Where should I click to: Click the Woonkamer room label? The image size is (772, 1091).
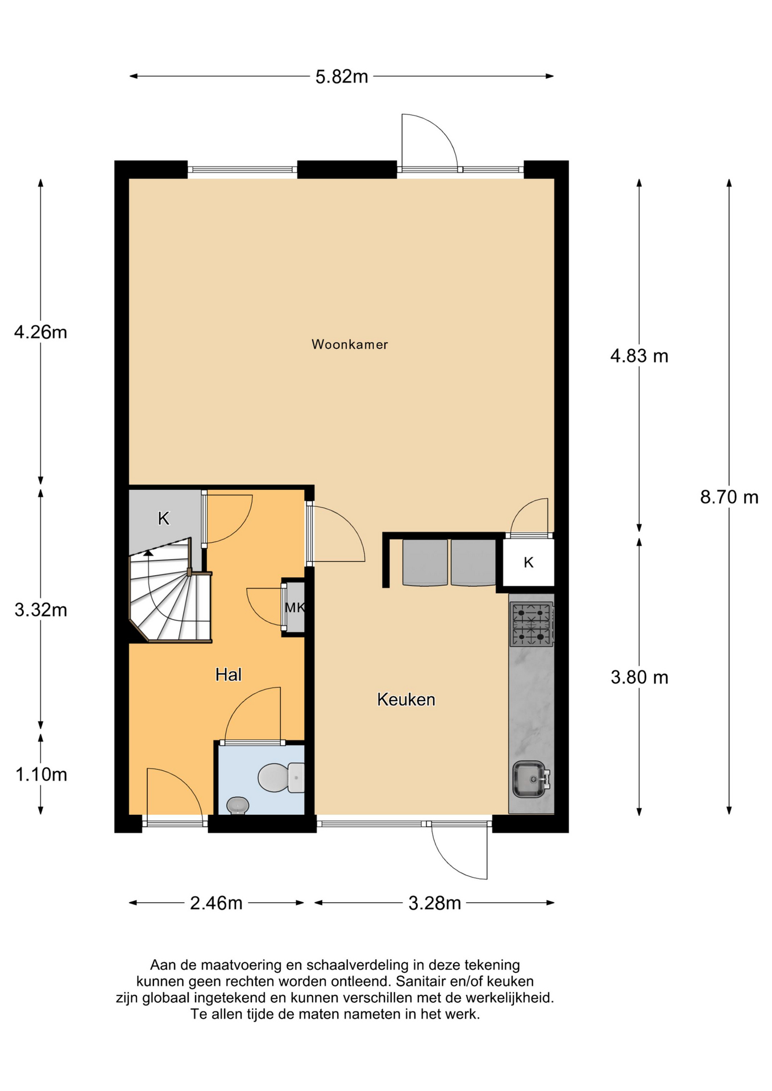[350, 344]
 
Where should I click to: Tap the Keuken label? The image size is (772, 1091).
[406, 699]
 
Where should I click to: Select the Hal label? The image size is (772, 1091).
[229, 674]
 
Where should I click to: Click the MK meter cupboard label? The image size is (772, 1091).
[294, 607]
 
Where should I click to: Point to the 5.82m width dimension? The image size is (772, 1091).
[342, 76]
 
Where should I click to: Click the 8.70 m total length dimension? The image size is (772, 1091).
[729, 497]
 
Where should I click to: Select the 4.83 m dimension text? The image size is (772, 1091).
[639, 356]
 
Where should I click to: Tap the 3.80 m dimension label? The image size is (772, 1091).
[639, 677]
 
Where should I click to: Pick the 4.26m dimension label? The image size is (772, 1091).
[41, 332]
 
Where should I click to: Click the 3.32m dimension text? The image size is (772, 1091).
[41, 610]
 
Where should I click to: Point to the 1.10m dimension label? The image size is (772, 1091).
[41, 774]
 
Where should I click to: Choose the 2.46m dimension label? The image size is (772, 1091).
[216, 903]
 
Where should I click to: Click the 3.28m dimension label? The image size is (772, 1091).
[435, 903]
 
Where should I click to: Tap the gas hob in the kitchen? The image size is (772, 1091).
[532, 624]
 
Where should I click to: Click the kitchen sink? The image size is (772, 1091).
[532, 779]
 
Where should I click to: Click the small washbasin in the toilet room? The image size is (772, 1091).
[238, 805]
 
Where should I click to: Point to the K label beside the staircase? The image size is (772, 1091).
[164, 518]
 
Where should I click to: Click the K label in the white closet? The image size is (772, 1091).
[529, 563]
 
